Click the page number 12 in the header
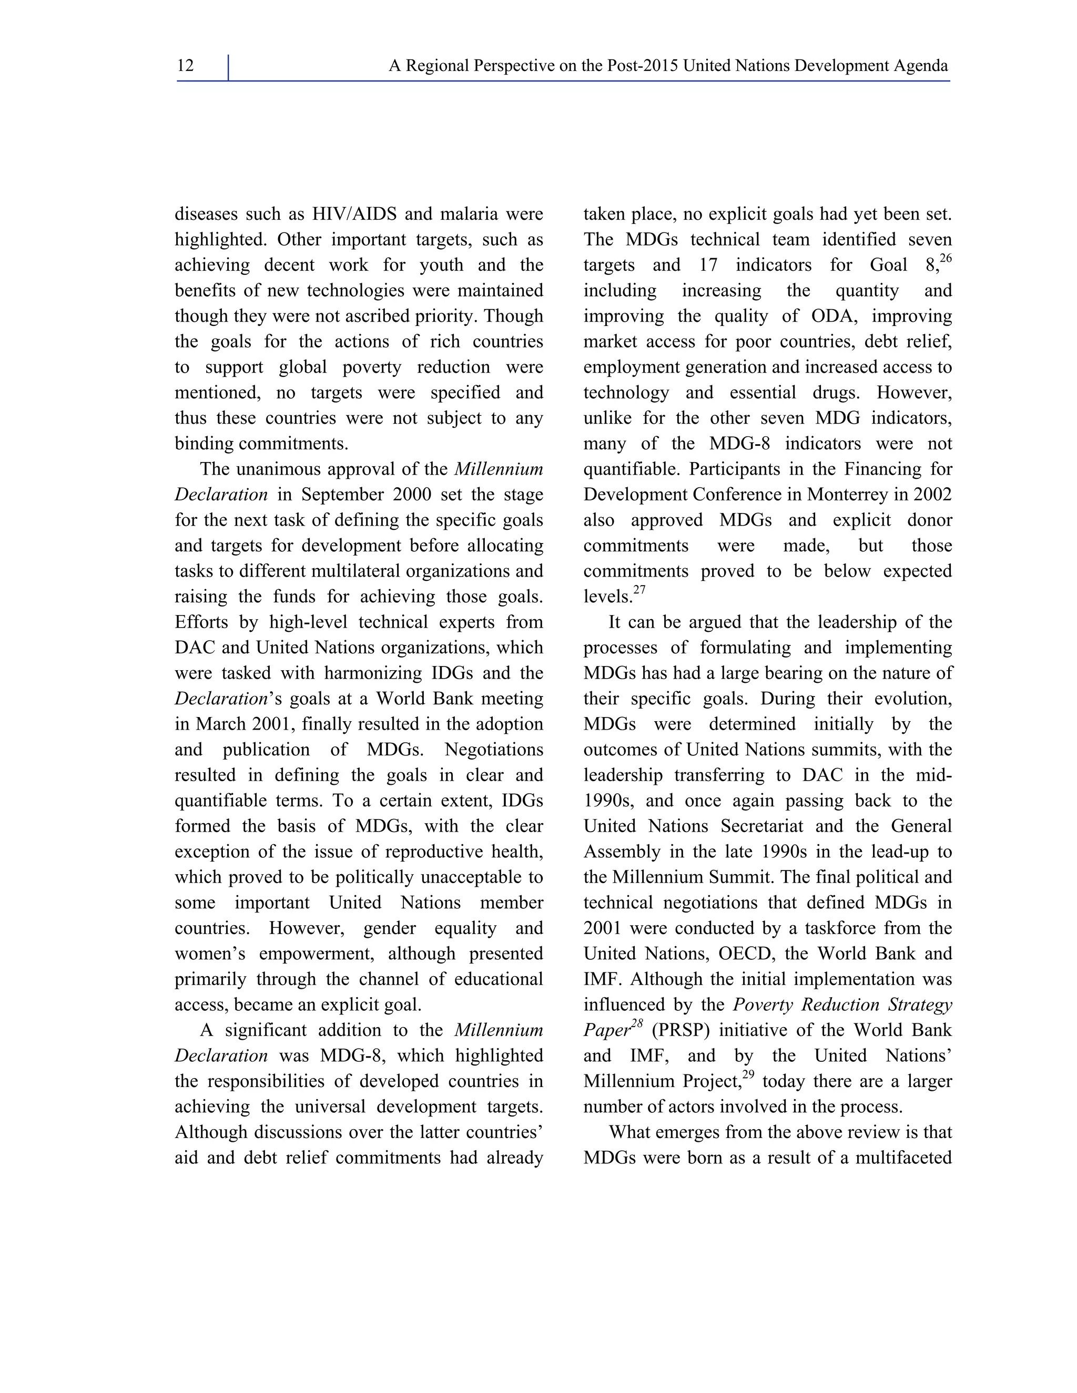coord(186,66)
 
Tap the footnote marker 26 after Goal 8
coord(946,258)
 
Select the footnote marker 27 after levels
coord(639,590)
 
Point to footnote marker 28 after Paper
coord(637,1023)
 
